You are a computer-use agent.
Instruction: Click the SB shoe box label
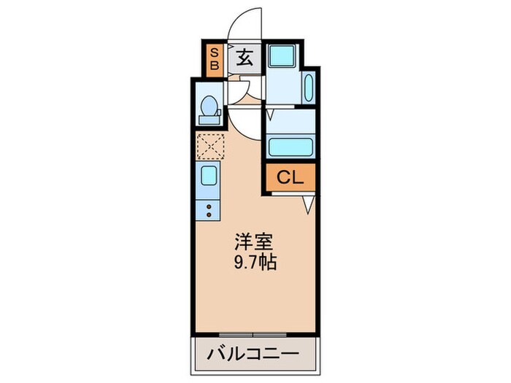coord(215,58)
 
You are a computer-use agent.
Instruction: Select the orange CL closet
coord(290,177)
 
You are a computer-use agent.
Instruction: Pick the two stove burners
coord(208,210)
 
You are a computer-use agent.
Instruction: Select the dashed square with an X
coord(210,146)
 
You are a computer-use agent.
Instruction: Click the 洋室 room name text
coord(250,240)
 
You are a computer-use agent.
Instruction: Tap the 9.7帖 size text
coord(255,263)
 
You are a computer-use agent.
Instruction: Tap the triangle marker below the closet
coord(309,205)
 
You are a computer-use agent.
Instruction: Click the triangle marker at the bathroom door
coord(269,113)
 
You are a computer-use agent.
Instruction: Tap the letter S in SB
coord(215,52)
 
